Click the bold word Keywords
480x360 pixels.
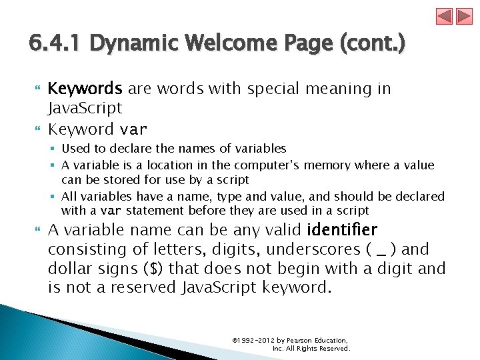pos(85,89)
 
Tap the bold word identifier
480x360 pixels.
pos(342,231)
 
